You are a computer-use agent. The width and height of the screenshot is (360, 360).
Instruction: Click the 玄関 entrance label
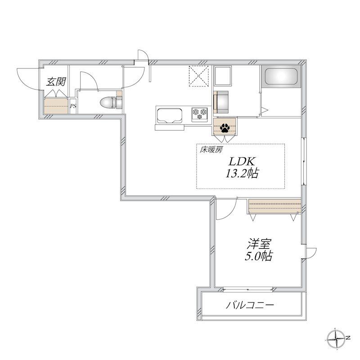[x=56, y=82]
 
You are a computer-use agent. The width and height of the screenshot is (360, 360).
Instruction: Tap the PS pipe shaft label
[x=73, y=106]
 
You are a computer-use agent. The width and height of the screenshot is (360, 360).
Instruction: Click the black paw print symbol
[x=225, y=128]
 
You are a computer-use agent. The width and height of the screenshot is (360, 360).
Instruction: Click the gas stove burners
[x=199, y=114]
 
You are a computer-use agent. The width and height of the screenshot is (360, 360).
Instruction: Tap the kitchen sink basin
[x=170, y=116]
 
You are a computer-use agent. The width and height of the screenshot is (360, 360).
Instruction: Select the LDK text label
[x=241, y=162]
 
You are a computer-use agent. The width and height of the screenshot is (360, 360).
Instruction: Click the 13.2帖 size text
[x=242, y=173]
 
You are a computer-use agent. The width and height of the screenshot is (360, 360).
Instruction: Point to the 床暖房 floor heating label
[x=211, y=150]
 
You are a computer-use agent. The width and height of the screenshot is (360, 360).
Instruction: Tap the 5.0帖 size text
[x=258, y=256]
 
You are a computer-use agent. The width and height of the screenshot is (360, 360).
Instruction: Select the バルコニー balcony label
[x=250, y=306]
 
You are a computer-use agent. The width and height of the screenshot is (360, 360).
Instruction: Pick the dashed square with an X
[x=198, y=76]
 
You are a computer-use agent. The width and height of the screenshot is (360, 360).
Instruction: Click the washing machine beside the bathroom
[x=221, y=102]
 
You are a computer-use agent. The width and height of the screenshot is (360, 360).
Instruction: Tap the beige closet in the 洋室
[x=274, y=207]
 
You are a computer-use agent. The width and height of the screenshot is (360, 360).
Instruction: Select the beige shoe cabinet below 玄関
[x=56, y=106]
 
